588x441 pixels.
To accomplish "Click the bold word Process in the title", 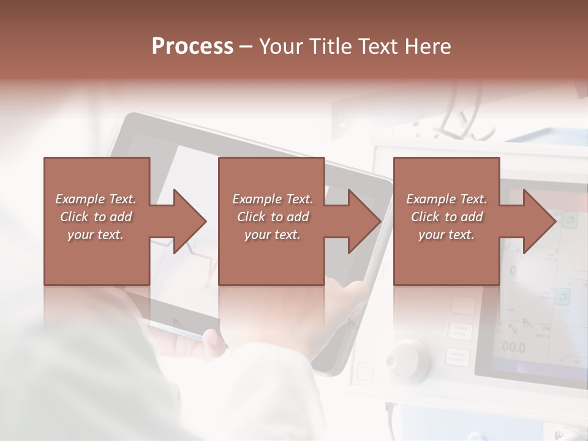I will coord(192,46).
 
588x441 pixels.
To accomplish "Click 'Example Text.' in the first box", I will coord(96,199).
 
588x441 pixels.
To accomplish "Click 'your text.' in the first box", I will coord(96,235).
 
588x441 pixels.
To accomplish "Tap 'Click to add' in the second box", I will coord(273,217).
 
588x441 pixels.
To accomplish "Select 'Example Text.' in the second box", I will coord(273,199).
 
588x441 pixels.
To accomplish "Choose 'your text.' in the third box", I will coord(447,235).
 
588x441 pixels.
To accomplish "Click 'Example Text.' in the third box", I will coord(447,199).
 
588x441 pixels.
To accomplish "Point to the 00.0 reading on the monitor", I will coord(513,347).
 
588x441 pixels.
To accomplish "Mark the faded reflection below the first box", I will coord(97,306).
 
